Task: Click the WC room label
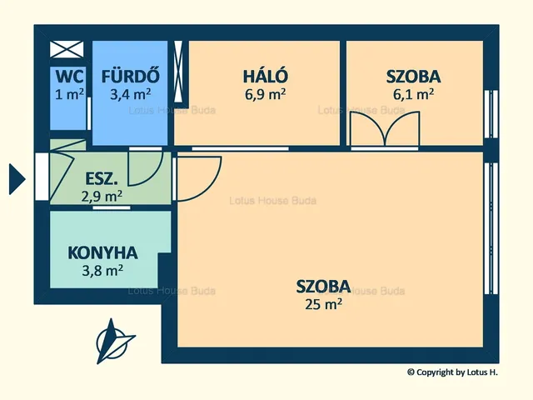[69, 76]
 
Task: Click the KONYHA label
[102, 252]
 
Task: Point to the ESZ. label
[102, 179]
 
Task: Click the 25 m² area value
[323, 303]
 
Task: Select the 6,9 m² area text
[265, 94]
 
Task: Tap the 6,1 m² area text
[413, 94]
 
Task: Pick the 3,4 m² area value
[131, 94]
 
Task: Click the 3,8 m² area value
[102, 271]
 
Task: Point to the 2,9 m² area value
[102, 196]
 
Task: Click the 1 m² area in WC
[69, 94]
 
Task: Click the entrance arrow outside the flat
[17, 179]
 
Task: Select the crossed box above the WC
[67, 50]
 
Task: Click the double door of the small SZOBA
[385, 130]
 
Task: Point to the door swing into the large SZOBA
[199, 178]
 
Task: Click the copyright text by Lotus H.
[452, 372]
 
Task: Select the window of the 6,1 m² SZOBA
[491, 114]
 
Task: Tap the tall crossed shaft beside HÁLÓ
[178, 72]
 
